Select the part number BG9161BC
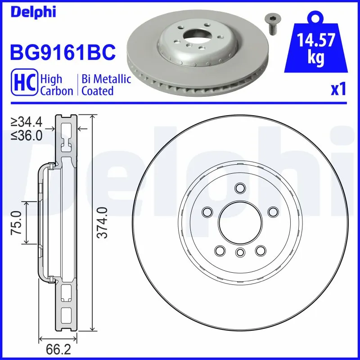63,52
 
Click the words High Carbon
56,85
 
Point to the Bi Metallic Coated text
106,85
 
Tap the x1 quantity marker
338,90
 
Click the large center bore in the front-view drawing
240,222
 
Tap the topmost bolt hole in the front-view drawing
240,188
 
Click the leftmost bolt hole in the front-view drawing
207,211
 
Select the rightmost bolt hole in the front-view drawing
273,211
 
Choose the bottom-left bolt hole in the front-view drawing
220,250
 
